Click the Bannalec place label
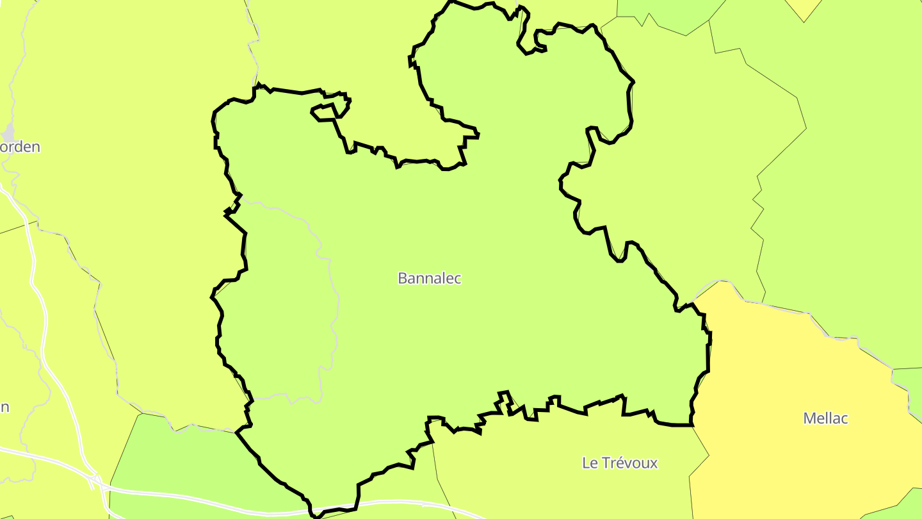pyautogui.click(x=429, y=278)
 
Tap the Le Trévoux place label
pyautogui.click(x=619, y=463)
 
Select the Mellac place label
pyautogui.click(x=825, y=418)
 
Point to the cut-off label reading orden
pyautogui.click(x=20, y=147)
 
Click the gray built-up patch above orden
pyautogui.click(x=8, y=133)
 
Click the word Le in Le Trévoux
pyautogui.click(x=589, y=463)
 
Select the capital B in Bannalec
pyautogui.click(x=403, y=278)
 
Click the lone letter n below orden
pyautogui.click(x=4, y=408)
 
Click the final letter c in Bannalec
pyautogui.click(x=457, y=279)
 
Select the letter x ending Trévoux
pyautogui.click(x=654, y=463)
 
